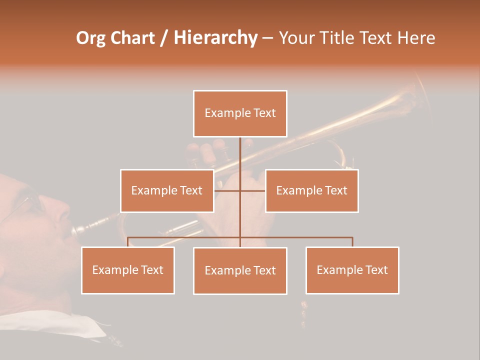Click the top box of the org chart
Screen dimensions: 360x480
[x=240, y=113]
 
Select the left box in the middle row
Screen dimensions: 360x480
[x=167, y=190]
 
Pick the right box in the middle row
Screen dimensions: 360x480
[x=311, y=190]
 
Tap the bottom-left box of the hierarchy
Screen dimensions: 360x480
[x=128, y=270]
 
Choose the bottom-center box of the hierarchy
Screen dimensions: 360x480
[x=240, y=270]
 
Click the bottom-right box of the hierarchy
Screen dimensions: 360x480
[x=352, y=270]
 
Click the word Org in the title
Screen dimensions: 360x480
[x=91, y=38]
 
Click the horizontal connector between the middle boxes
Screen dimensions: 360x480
[x=240, y=190]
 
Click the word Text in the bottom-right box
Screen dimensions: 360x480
[x=376, y=270]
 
